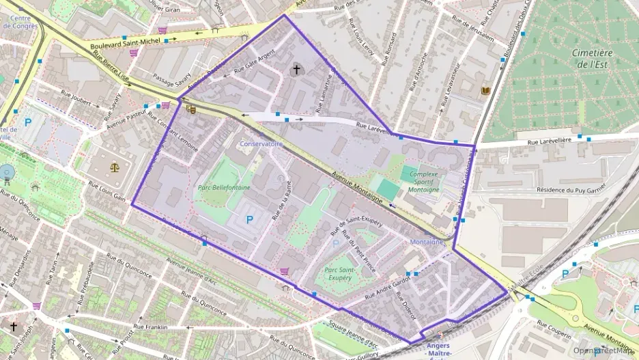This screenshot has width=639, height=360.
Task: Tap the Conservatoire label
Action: (x=261, y=144)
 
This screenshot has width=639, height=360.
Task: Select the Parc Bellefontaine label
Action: (x=224, y=187)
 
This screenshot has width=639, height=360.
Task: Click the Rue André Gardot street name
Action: (x=387, y=287)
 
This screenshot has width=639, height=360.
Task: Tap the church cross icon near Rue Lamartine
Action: (x=296, y=68)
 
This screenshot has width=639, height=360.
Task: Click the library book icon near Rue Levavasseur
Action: (x=485, y=91)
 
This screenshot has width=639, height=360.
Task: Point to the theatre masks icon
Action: (x=190, y=107)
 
